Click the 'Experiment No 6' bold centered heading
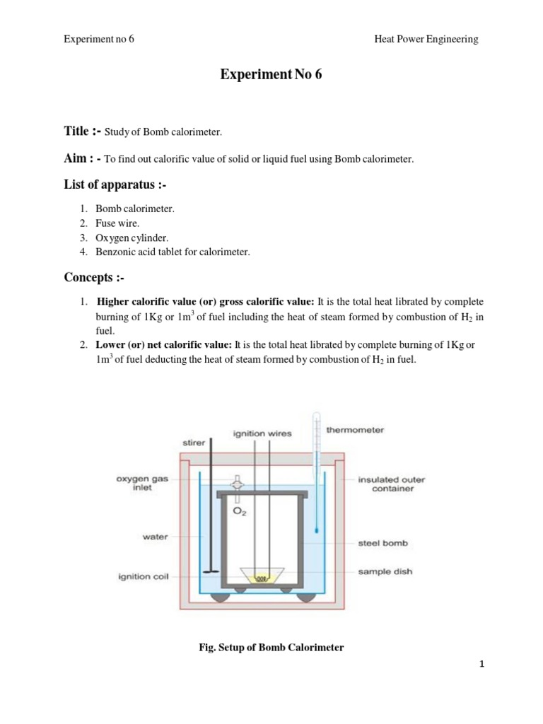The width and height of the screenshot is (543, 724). click(x=271, y=75)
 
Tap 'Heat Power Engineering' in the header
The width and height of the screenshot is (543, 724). click(x=426, y=39)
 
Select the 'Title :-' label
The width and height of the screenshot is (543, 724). click(x=83, y=131)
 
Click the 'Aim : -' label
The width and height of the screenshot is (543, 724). click(x=83, y=158)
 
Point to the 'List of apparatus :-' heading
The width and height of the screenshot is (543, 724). click(x=116, y=186)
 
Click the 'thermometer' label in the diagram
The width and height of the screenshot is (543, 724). click(x=355, y=430)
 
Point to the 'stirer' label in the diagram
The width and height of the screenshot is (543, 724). click(x=194, y=443)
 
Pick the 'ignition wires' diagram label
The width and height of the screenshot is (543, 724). click(x=262, y=433)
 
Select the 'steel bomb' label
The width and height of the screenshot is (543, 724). click(x=382, y=544)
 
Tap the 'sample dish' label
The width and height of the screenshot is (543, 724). click(x=385, y=571)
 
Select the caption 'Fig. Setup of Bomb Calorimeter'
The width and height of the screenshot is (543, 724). click(x=271, y=648)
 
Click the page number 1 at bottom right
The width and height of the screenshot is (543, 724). click(x=481, y=664)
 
